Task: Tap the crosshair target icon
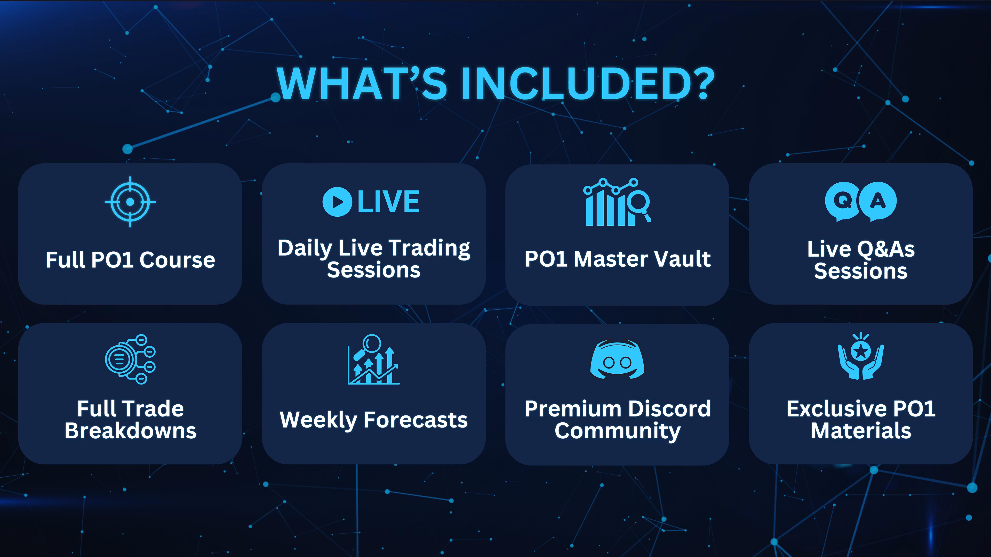click(130, 202)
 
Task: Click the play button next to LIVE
click(337, 202)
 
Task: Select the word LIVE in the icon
click(389, 202)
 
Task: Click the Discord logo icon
click(617, 359)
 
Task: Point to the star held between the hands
click(861, 351)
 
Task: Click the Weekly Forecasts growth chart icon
click(373, 359)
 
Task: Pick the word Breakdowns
click(130, 431)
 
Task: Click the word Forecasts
click(416, 420)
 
